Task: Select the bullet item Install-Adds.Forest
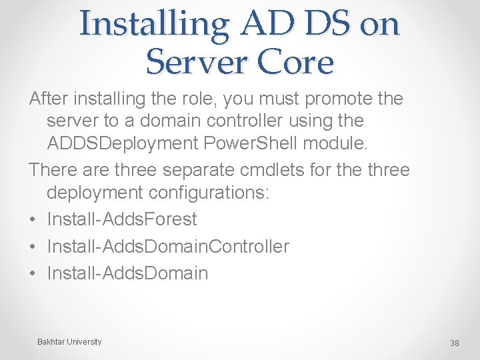122,219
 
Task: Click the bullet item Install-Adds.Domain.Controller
168,246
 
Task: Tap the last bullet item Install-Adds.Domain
127,273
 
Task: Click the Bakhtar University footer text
69,342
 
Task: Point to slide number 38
455,343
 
